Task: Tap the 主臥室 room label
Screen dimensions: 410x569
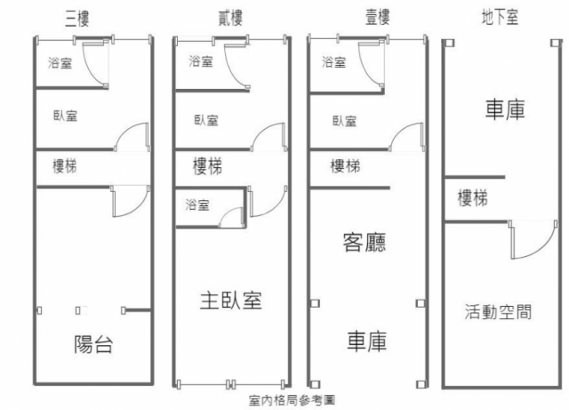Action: [229, 301]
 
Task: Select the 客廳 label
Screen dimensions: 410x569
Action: [365, 241]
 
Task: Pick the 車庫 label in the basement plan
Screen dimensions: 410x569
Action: [504, 109]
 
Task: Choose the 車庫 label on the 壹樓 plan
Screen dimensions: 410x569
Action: [365, 342]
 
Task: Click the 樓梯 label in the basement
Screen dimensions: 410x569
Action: [473, 198]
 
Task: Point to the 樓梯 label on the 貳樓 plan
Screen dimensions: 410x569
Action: [207, 165]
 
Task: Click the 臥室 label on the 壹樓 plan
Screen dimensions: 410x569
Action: [344, 121]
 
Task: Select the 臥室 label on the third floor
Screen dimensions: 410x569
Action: [65, 115]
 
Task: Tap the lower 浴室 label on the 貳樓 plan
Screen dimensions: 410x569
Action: [197, 205]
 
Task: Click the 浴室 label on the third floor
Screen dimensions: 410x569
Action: [61, 62]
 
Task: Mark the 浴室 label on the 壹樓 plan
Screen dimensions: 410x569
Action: [334, 62]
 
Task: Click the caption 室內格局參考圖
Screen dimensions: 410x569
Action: [292, 401]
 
